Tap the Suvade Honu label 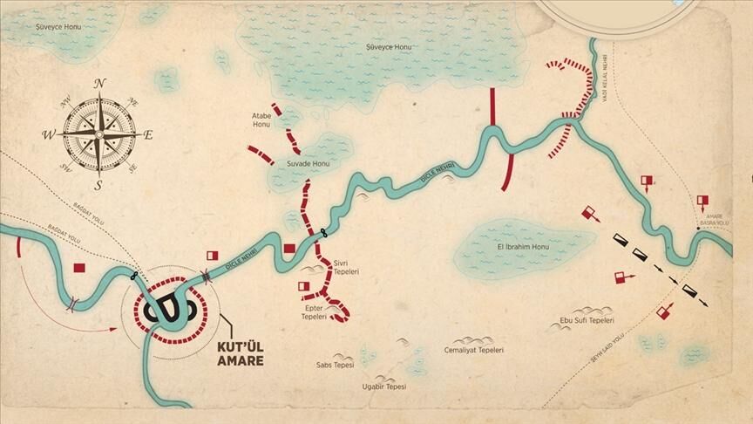(x=309, y=164)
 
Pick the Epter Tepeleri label (x=314, y=312)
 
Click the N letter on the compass (x=99, y=83)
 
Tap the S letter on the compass (x=98, y=185)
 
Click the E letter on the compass (x=148, y=135)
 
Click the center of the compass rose (x=98, y=134)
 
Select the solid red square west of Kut (x=79, y=268)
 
